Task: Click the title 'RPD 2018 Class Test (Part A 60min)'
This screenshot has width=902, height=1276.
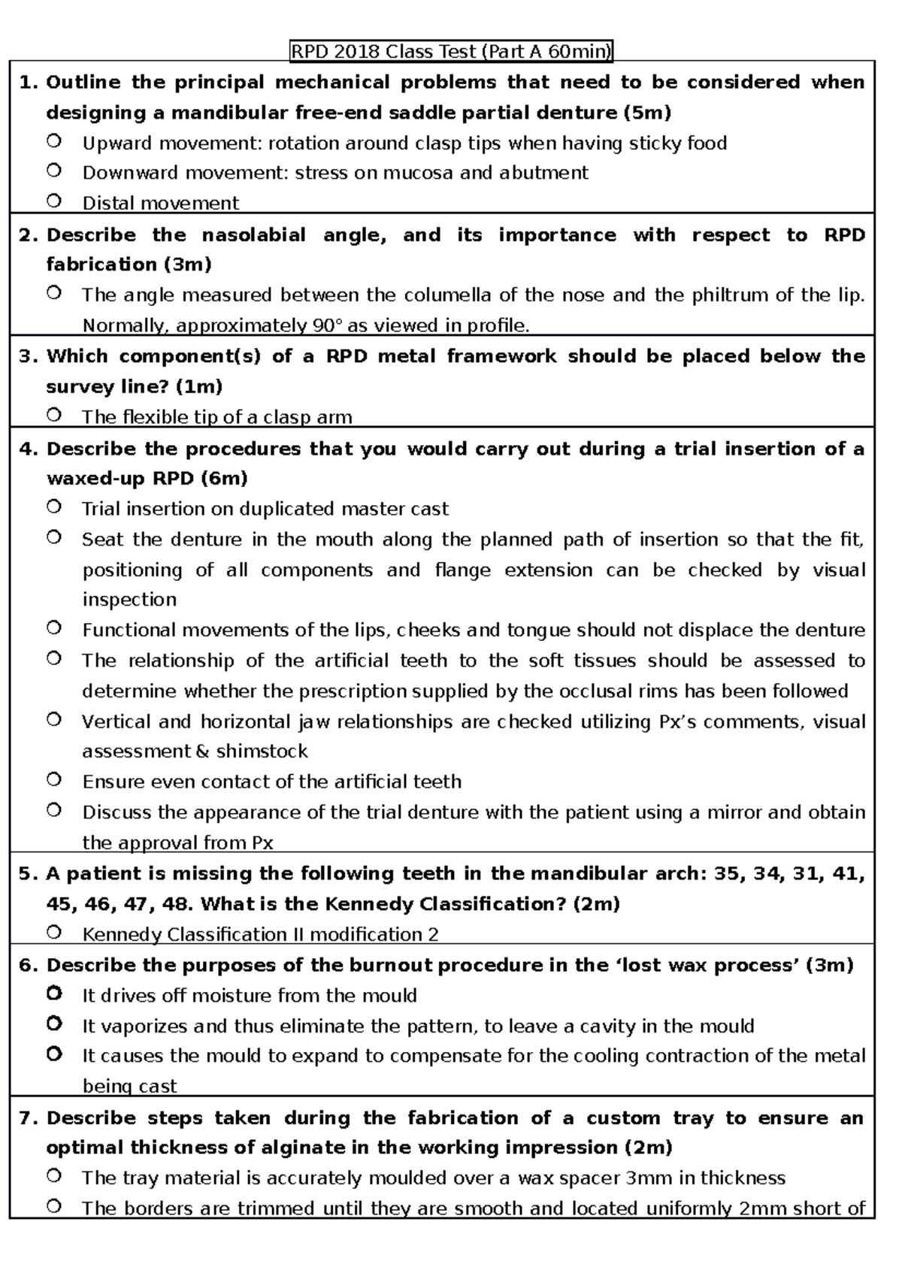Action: [452, 51]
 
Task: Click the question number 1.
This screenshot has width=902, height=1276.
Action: [28, 83]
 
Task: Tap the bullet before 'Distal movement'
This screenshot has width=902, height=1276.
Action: [53, 201]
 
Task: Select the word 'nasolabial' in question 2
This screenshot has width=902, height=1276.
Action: [253, 235]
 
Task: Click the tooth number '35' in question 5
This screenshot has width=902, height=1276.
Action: [725, 874]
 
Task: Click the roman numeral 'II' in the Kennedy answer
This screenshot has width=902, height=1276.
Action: [295, 935]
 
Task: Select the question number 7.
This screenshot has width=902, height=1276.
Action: [28, 1118]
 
